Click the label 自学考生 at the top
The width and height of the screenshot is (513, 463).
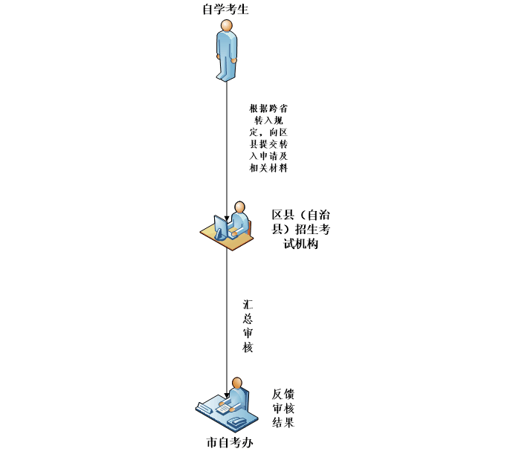[x=225, y=10]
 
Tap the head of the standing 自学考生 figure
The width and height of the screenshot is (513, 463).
[x=227, y=26]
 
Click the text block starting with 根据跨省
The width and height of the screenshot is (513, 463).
[x=268, y=138]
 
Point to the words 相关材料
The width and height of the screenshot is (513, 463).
[x=268, y=169]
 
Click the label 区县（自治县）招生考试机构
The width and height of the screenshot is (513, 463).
[x=300, y=229]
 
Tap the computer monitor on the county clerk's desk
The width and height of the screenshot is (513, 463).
[x=221, y=226]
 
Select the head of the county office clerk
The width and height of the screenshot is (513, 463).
[x=239, y=207]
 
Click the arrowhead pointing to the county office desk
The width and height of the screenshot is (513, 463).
[x=227, y=217]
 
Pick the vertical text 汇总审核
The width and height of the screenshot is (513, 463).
[x=248, y=326]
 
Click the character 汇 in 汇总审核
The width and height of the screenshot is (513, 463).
[x=248, y=305]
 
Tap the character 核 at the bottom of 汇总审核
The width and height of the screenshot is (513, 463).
[x=248, y=348]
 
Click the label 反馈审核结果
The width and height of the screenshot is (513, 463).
[x=283, y=408]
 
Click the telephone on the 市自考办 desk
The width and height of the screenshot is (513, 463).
[x=237, y=422]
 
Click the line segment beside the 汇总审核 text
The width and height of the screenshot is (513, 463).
[x=227, y=327]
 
